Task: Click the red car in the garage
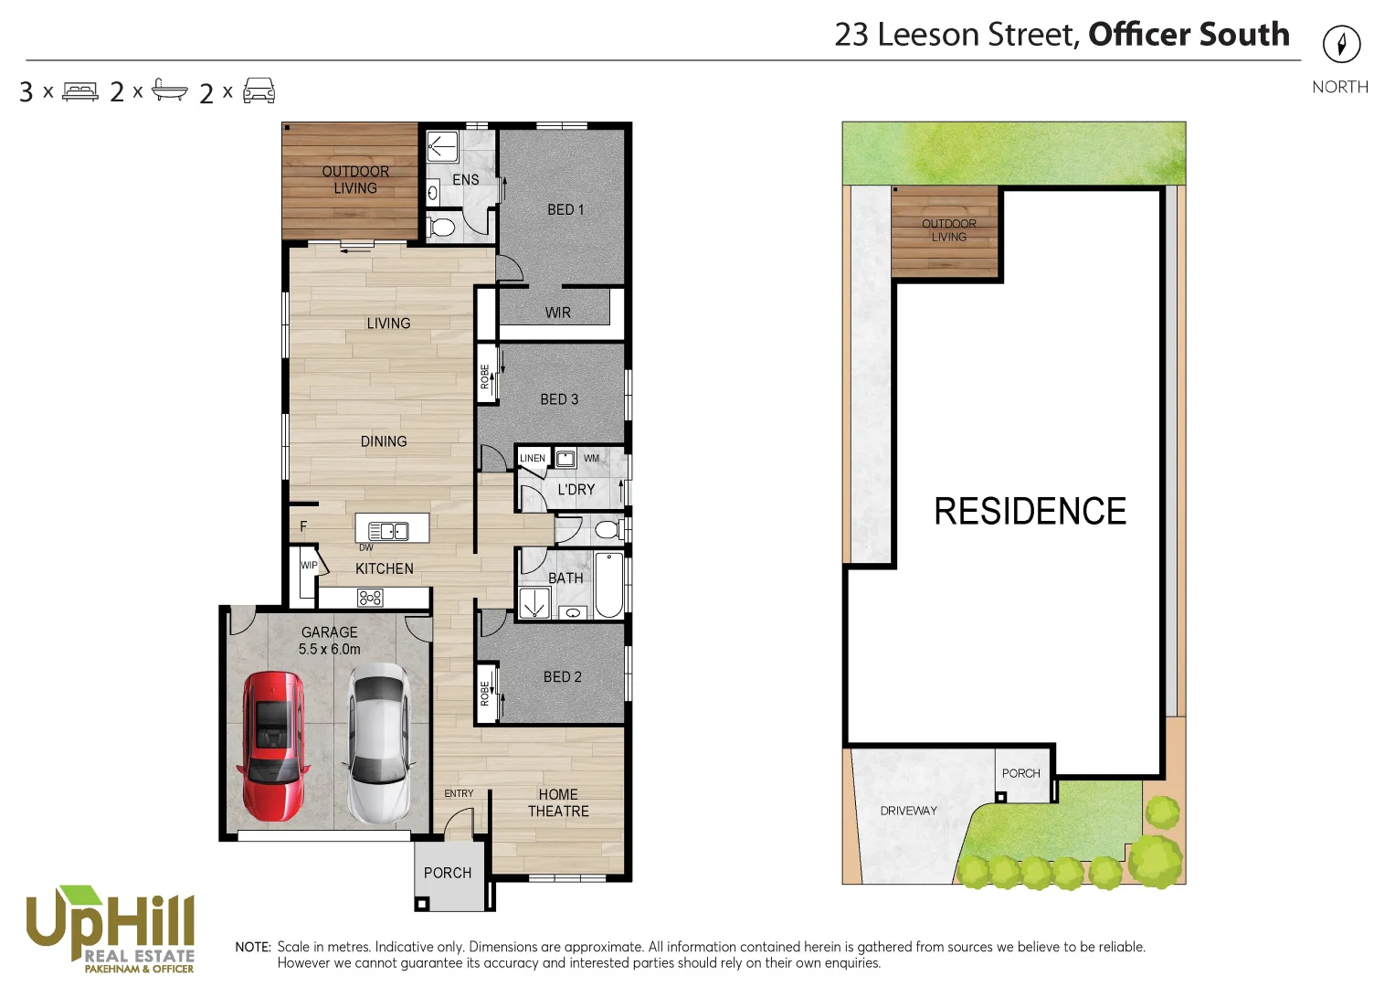click(273, 746)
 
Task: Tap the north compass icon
click(1341, 44)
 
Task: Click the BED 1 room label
click(565, 209)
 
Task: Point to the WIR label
click(557, 313)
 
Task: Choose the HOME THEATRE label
click(558, 803)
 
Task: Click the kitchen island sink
click(388, 531)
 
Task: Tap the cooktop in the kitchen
click(370, 598)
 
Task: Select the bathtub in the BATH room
click(608, 585)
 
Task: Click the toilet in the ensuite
click(441, 226)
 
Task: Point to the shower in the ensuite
click(442, 148)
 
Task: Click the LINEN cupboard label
click(533, 458)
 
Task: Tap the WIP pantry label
click(309, 566)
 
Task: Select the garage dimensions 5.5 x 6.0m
click(329, 649)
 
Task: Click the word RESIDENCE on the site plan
click(1030, 511)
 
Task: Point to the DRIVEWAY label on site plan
click(908, 811)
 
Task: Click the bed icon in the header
click(80, 91)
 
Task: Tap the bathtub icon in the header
click(169, 90)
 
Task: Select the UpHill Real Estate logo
click(111, 929)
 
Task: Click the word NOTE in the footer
click(253, 947)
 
